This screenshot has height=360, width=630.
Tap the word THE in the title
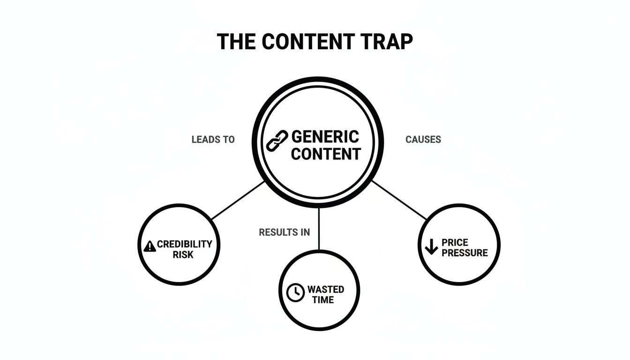[236, 41]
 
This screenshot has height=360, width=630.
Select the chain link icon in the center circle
[277, 141]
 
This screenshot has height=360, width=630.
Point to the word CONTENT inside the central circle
[326, 154]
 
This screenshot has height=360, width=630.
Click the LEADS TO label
[213, 140]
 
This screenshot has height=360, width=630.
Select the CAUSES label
[423, 140]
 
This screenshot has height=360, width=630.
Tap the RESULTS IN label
[284, 232]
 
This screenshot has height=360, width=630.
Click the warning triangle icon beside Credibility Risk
[150, 246]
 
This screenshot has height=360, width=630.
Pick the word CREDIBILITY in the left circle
[184, 244]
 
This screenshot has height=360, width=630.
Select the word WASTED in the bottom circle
[325, 290]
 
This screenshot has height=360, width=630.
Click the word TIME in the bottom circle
[323, 300]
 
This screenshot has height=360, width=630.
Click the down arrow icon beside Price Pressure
[431, 247]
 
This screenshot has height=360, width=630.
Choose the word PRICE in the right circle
[455, 243]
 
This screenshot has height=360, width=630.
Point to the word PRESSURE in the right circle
[465, 253]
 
